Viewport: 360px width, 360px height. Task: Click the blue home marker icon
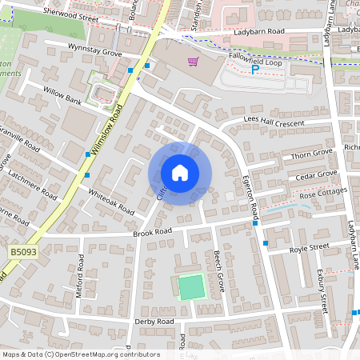pos(180,173)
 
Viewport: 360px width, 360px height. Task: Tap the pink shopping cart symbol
pos(192,62)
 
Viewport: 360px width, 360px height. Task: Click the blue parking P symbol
pos(255,70)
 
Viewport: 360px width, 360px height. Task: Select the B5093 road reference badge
pos(23,252)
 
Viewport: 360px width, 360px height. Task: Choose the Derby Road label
pos(154,321)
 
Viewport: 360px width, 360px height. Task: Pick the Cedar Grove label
pos(317,174)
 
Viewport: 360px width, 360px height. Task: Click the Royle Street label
pos(309,247)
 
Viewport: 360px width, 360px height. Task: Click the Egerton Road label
pos(250,197)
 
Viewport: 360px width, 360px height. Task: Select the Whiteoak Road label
pos(111,201)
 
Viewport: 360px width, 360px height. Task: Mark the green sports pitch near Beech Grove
pos(191,286)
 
